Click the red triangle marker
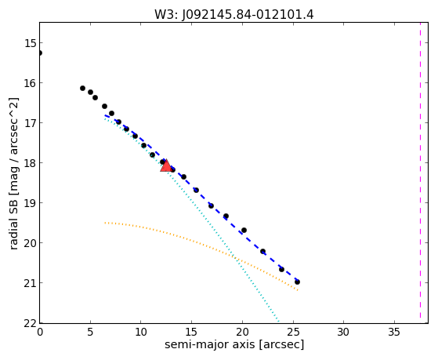coord(166,165)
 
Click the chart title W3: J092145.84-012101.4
coord(234,15)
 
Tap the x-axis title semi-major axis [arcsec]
coord(234,344)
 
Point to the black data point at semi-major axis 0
coord(40,53)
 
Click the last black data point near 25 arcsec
coord(297,282)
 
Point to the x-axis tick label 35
coord(394,333)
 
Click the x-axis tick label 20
coord(242,333)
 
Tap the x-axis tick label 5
coord(90,333)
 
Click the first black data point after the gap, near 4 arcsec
coord(82,88)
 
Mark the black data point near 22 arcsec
coord(262,251)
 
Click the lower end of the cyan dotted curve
coord(278,321)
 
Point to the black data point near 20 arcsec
coord(244,231)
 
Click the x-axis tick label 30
coord(343,333)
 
